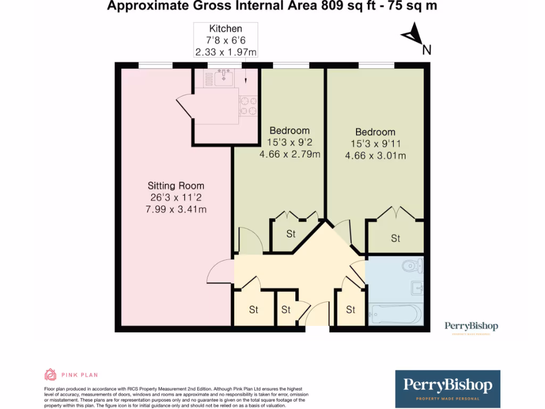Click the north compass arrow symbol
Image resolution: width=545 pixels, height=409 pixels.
412,36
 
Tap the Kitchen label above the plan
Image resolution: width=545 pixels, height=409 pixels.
226,29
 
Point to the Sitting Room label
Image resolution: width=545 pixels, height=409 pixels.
176,186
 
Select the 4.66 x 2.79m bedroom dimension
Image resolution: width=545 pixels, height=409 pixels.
290,154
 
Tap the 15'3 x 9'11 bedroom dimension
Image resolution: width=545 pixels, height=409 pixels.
375,144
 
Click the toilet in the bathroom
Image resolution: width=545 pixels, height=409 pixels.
413,265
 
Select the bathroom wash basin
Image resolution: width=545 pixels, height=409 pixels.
417,288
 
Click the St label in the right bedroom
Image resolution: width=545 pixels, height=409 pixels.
395,239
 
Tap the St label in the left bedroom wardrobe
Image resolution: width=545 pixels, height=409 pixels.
291,234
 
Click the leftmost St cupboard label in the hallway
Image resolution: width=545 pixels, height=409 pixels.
253,309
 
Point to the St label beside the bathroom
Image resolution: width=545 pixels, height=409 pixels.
350,309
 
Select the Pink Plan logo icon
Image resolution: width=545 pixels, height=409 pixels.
50,375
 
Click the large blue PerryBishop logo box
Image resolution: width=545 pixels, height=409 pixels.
448,388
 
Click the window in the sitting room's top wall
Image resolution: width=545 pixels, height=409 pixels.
155,66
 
